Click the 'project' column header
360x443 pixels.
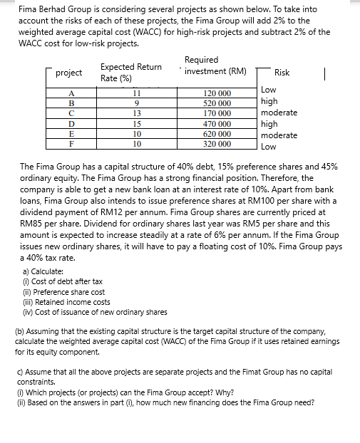[69, 73]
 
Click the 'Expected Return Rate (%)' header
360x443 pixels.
[130, 72]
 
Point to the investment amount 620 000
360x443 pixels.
[217, 133]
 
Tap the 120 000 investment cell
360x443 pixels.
[217, 93]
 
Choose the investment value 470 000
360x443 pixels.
[217, 123]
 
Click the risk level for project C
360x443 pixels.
[279, 113]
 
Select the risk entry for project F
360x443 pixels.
[268, 147]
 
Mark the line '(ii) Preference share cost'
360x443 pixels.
[64, 292]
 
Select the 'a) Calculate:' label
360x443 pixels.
[43, 271]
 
